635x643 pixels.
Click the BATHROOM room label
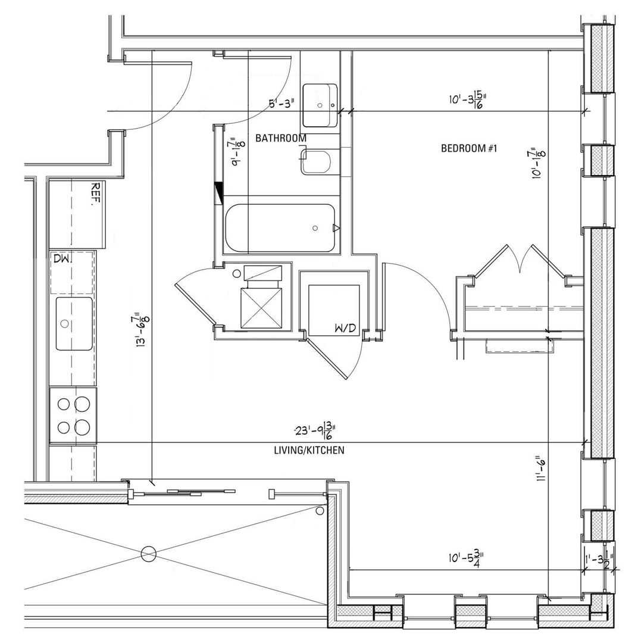[x=281, y=138]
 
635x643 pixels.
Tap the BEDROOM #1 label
[x=468, y=148]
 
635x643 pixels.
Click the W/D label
[x=346, y=328]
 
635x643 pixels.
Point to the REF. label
[x=94, y=194]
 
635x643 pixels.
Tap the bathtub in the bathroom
[x=280, y=229]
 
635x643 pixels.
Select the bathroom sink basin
[x=320, y=105]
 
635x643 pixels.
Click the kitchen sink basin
[x=74, y=324]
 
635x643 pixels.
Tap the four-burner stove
[x=73, y=415]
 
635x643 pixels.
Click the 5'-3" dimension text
[x=282, y=104]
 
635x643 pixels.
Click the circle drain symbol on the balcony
[x=148, y=554]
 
